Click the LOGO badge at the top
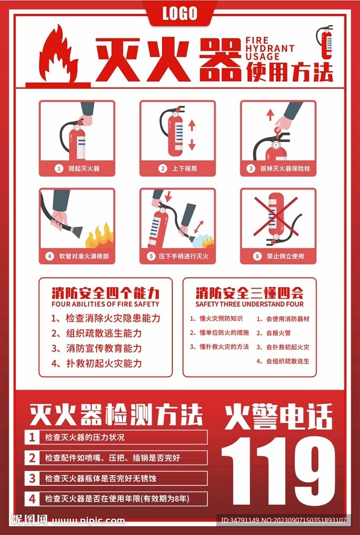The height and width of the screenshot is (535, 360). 180,13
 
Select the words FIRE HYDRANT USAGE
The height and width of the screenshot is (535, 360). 270,49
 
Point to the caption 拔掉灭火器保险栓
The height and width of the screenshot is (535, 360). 282,169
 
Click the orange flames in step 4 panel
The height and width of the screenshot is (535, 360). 99,237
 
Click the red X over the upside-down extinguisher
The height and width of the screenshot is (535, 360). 275,216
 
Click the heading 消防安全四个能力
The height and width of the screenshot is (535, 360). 105,292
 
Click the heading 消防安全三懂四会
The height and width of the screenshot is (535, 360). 249,292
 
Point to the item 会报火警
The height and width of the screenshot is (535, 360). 278,333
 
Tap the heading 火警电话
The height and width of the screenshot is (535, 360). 278,416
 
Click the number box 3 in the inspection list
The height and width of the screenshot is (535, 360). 32,478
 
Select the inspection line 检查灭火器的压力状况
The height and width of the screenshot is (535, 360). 85,437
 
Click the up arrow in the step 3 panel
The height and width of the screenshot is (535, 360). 270,114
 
